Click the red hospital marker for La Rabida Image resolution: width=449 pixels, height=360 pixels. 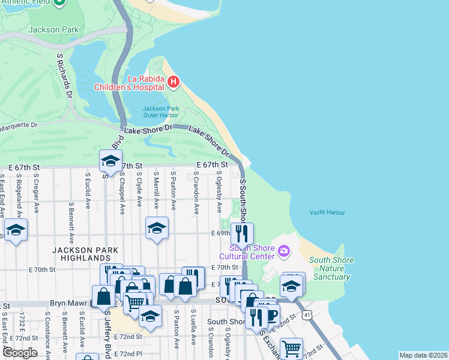click(173, 82)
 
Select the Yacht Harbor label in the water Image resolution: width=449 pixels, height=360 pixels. click(327, 212)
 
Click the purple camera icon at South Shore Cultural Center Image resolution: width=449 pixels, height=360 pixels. click(283, 249)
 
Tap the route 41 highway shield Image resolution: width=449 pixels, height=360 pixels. click(307, 313)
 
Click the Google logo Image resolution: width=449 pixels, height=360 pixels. click(20, 353)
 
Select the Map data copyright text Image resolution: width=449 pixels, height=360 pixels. click(423, 355)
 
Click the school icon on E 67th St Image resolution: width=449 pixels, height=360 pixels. click(110, 161)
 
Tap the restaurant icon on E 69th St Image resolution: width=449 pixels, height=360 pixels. click(242, 233)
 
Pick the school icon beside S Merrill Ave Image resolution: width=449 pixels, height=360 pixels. click(157, 229)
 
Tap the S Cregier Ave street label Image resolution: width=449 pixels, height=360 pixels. click(36, 191)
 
